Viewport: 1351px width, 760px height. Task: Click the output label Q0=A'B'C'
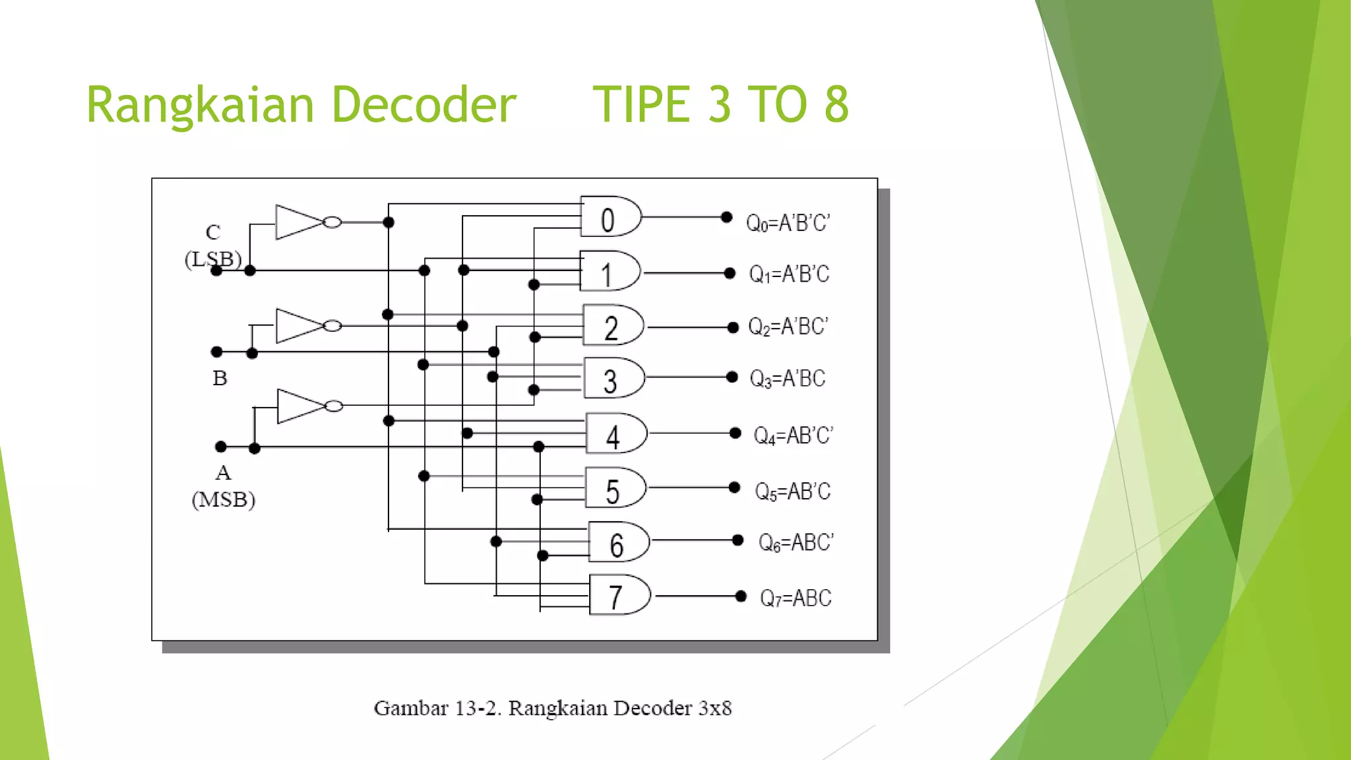(x=788, y=223)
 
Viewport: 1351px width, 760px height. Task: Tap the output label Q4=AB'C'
(x=793, y=435)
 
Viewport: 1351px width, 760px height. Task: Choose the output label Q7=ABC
(x=795, y=598)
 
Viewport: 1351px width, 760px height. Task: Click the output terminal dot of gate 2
(x=732, y=327)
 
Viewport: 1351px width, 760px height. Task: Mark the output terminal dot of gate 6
(x=738, y=540)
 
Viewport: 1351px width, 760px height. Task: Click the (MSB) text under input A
(x=223, y=500)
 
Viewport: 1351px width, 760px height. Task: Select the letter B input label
(x=220, y=379)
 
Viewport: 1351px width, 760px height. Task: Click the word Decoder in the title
(x=423, y=106)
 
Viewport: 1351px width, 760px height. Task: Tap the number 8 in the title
(x=836, y=106)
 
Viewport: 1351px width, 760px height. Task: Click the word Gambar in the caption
(x=402, y=709)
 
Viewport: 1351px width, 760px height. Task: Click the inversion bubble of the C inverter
(x=332, y=222)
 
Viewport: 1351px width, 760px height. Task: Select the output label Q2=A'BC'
(x=788, y=327)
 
